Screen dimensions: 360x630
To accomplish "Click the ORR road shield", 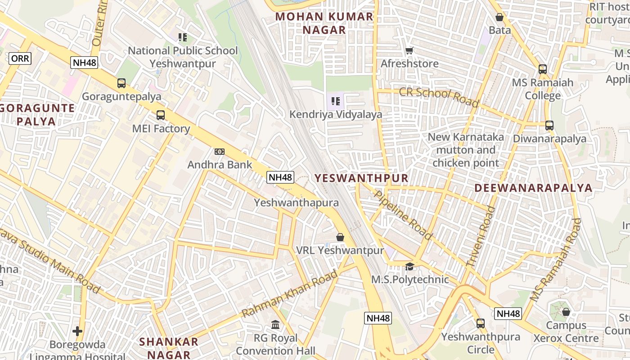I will click(x=20, y=58).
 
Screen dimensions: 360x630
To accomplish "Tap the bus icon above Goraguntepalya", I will click(x=121, y=83).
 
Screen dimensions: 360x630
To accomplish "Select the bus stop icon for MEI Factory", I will click(x=161, y=115).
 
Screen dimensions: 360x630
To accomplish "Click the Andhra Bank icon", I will click(x=220, y=152).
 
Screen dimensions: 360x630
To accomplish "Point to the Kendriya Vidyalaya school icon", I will click(x=335, y=101).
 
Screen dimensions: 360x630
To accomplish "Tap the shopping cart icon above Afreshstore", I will click(x=409, y=51).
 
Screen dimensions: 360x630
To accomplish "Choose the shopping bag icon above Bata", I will click(x=499, y=18).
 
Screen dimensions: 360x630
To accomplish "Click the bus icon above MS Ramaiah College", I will click(x=543, y=69).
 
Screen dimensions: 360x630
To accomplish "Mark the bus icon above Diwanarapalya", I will click(x=549, y=126).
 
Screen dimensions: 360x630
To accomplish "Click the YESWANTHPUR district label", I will click(x=361, y=178).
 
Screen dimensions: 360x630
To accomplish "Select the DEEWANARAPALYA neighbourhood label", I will click(x=533, y=188).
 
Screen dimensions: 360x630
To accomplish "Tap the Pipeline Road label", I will click(x=403, y=215).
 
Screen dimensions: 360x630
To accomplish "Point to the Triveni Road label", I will click(x=481, y=236).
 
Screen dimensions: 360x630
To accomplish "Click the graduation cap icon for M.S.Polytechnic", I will click(x=409, y=267).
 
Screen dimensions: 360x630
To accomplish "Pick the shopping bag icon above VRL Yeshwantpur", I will click(x=340, y=237).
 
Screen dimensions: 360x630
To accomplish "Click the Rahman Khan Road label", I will click(x=290, y=294).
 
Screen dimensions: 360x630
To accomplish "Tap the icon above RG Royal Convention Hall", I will click(x=275, y=324).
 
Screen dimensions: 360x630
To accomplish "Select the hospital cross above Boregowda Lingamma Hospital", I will click(x=77, y=332).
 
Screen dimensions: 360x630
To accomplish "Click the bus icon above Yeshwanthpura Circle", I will click(x=481, y=323).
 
